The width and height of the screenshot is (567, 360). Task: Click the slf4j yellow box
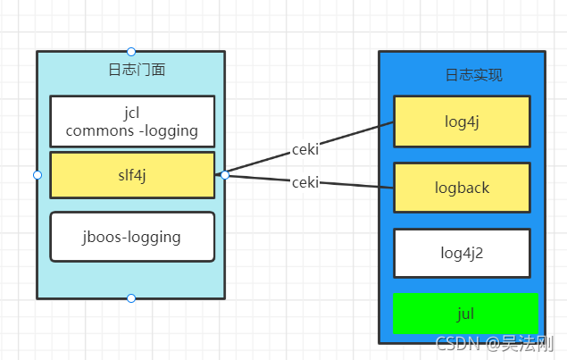[132, 175]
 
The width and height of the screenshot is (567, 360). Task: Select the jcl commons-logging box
[132, 121]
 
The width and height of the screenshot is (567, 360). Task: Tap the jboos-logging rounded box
[132, 237]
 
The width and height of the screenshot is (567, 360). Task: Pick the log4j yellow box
[462, 121]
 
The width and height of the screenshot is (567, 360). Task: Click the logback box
[462, 188]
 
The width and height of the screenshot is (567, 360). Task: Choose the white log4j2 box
[462, 254]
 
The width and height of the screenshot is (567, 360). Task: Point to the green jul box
[465, 314]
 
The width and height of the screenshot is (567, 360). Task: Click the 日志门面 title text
[137, 70]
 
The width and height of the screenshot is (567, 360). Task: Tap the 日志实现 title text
[474, 75]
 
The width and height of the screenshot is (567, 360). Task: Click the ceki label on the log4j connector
[305, 149]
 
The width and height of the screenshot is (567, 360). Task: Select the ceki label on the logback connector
[305, 182]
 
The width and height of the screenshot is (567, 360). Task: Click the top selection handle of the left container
[131, 52]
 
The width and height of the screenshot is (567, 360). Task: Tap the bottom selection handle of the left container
[131, 298]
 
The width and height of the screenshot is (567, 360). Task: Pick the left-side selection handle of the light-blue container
[38, 175]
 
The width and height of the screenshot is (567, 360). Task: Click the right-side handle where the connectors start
[225, 175]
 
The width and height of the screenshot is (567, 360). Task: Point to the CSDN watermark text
[495, 343]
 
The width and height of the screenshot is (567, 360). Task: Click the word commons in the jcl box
[100, 130]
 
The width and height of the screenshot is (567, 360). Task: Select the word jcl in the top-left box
[131, 113]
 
